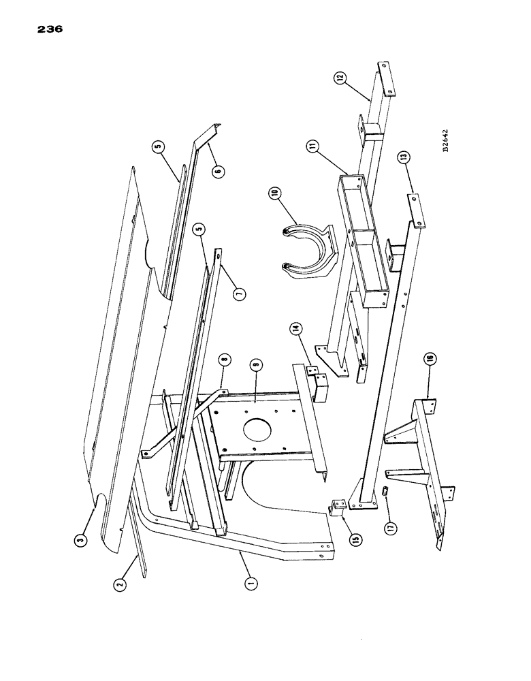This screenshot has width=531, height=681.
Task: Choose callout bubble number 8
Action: [224, 359]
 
